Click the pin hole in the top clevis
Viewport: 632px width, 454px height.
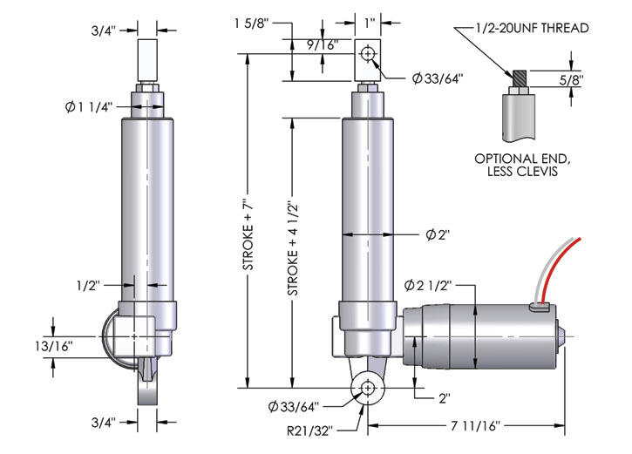tap(369, 54)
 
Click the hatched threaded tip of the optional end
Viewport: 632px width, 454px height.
tap(518, 78)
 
